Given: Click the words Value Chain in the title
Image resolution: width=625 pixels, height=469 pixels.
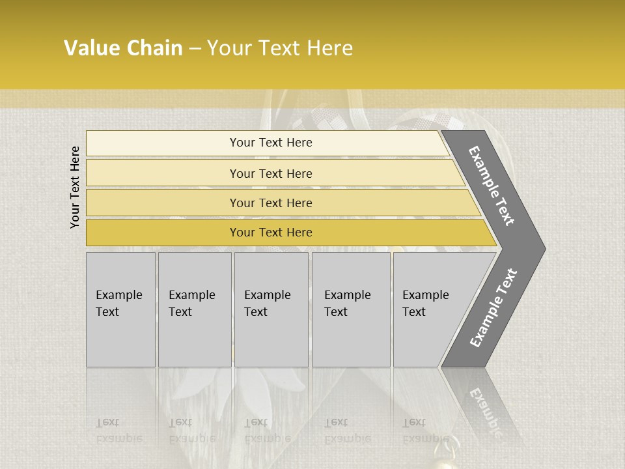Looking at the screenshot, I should click(123, 48).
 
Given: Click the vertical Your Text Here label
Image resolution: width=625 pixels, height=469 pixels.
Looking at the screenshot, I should click(75, 187).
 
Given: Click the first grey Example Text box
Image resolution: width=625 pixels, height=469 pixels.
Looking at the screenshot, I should click(120, 309).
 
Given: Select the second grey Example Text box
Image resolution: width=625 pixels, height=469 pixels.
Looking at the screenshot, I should click(195, 309).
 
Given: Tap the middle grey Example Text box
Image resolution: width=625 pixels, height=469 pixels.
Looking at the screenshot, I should click(271, 309).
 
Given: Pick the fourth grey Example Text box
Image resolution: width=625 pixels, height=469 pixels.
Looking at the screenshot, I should click(351, 309).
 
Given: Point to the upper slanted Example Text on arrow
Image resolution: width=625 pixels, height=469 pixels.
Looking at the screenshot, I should click(492, 186).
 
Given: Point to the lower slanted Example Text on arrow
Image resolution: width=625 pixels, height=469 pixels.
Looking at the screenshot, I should click(493, 307).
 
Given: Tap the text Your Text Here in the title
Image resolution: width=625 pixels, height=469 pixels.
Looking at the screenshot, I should click(280, 48).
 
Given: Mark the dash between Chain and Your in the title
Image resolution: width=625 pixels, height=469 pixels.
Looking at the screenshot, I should click(195, 49).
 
